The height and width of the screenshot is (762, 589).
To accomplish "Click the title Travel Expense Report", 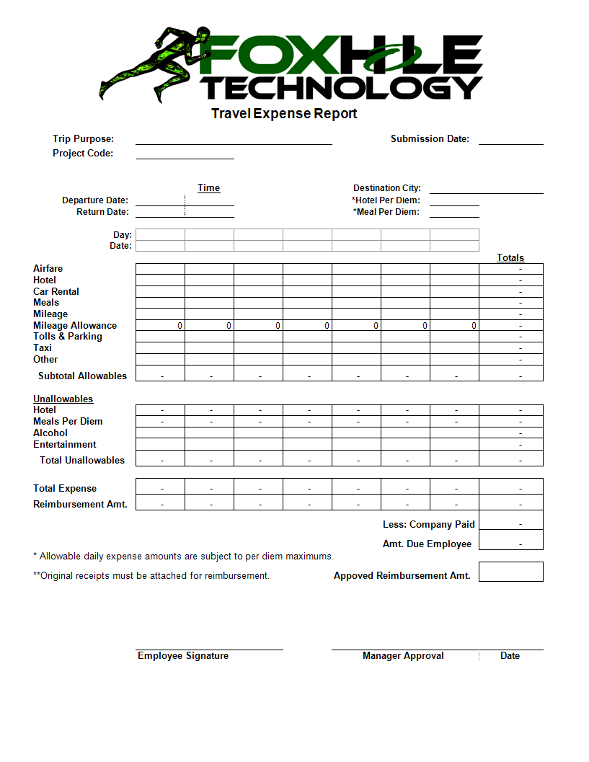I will (x=284, y=114).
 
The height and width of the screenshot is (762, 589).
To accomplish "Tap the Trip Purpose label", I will (x=83, y=139).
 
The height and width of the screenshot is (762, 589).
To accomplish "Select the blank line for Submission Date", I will (x=510, y=141).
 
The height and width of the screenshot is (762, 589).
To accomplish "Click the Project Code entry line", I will (x=185, y=154).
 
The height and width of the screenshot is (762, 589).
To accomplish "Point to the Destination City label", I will (x=387, y=188).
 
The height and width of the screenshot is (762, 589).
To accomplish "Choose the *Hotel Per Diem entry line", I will (x=454, y=201).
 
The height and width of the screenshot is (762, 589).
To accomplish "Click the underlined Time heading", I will (x=208, y=188).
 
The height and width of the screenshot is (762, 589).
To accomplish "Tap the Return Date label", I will (x=102, y=212).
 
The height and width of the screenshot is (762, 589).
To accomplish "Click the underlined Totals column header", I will (x=510, y=258).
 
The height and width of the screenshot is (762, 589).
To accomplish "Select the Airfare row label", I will (x=48, y=269).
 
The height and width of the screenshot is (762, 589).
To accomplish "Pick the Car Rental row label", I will (x=56, y=291).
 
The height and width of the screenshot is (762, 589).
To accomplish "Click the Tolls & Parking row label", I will (x=68, y=337).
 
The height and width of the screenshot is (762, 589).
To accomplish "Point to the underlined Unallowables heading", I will (x=63, y=399).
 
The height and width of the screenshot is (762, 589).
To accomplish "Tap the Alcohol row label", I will (x=50, y=433).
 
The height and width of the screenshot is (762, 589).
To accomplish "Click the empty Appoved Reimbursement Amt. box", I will (x=510, y=572).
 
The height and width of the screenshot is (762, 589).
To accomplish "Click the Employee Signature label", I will (x=183, y=656).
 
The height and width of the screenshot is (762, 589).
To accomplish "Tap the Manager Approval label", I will (x=403, y=656).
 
